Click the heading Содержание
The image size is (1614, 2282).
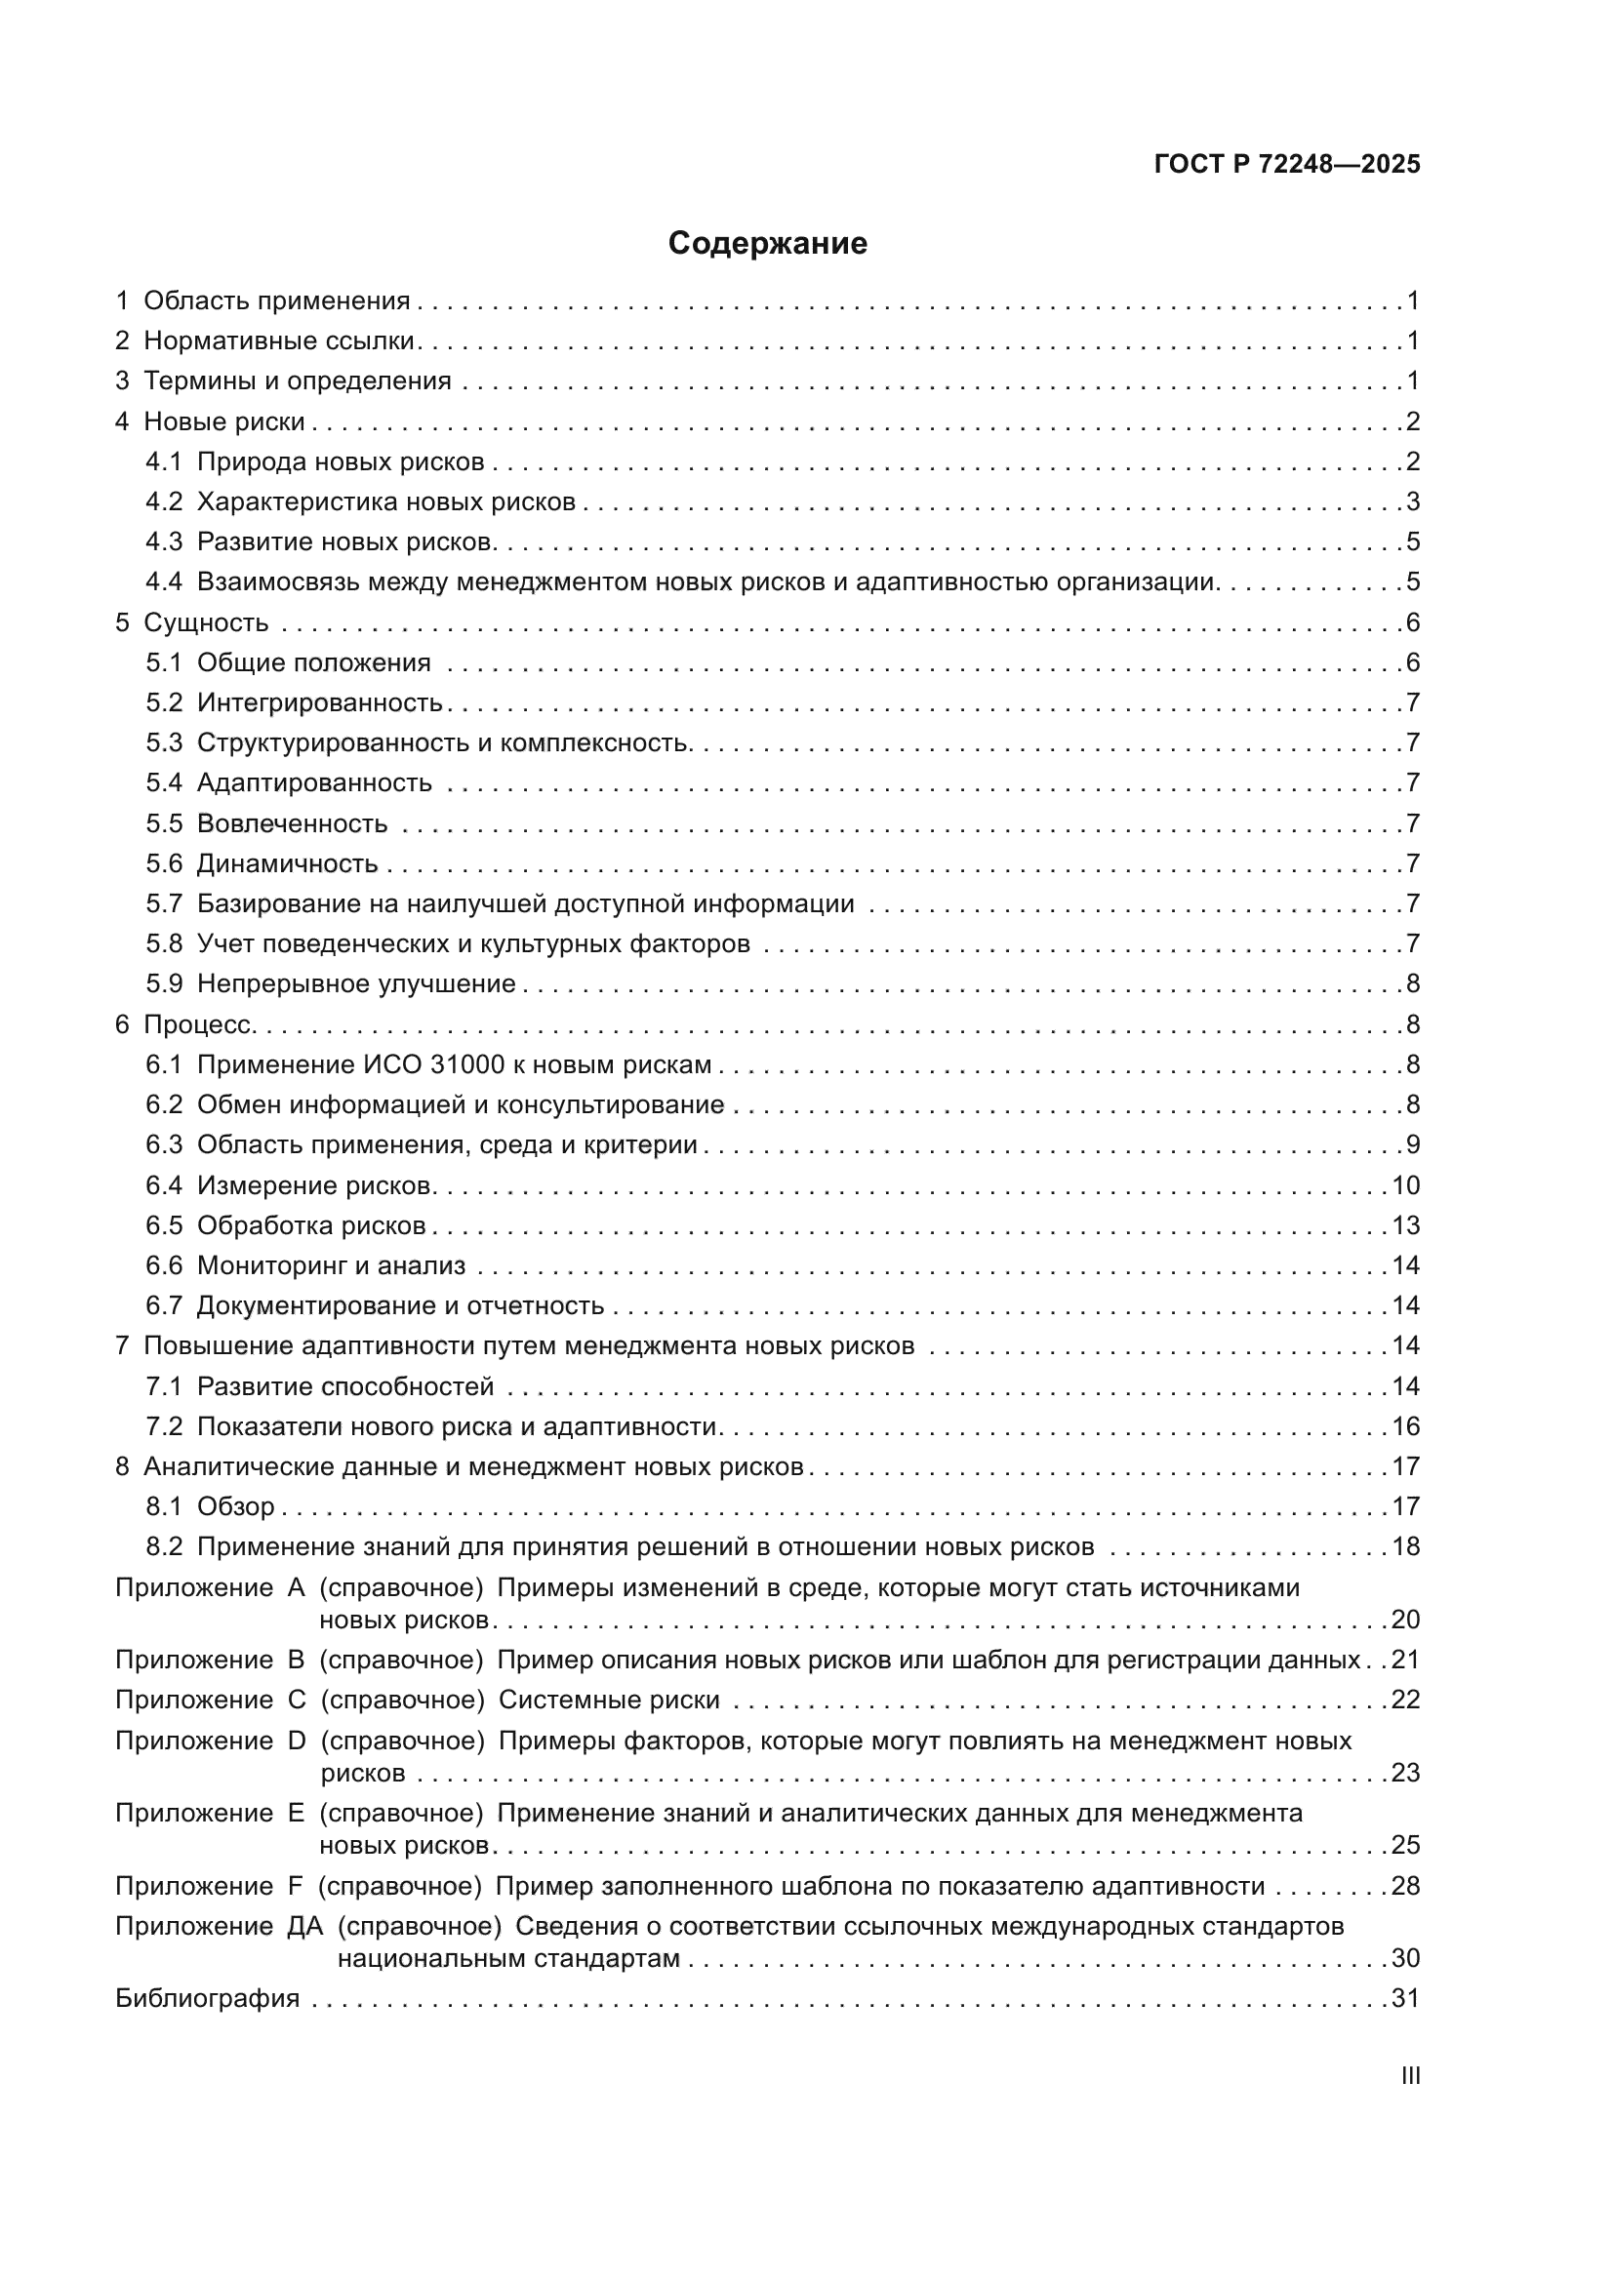(767, 244)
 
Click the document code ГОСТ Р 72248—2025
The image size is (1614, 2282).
(1287, 164)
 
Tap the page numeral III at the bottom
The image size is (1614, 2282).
(1409, 2076)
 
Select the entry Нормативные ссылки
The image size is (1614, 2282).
(278, 340)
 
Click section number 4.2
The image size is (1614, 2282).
(164, 501)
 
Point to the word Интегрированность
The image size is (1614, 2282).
(319, 703)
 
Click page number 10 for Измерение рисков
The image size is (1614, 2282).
(1405, 1185)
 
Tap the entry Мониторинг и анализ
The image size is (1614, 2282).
(331, 1266)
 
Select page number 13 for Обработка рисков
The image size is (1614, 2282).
(1405, 1225)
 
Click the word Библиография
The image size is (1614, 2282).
(207, 1999)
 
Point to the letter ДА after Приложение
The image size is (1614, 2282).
(305, 1926)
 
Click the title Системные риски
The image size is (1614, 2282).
(608, 1701)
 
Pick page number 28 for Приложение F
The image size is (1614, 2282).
(1405, 1887)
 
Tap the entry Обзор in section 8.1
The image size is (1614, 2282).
(235, 1506)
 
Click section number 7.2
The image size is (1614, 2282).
(164, 1427)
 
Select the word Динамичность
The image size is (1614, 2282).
(287, 863)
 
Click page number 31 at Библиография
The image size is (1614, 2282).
(1405, 1999)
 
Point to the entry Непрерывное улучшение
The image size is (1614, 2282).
(356, 984)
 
